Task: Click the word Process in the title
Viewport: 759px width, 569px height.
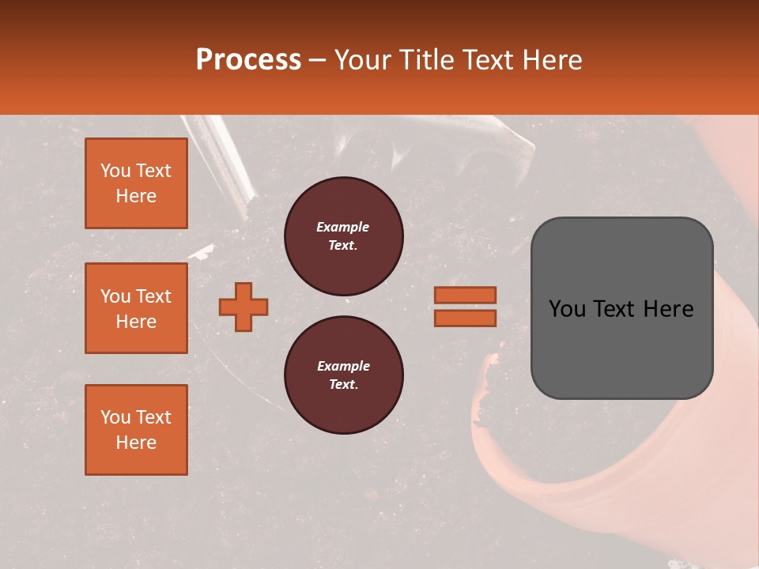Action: point(248,60)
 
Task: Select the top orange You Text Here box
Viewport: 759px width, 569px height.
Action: point(136,183)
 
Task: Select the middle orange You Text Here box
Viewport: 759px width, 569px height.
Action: point(136,308)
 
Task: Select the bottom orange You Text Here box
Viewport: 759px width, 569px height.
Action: point(136,429)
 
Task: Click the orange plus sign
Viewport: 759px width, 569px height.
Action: point(244,307)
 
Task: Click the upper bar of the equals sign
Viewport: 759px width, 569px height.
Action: point(465,296)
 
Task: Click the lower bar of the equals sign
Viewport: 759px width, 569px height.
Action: point(465,318)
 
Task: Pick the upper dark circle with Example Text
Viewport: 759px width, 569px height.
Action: point(343,236)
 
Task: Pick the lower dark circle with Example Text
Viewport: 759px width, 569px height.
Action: point(343,375)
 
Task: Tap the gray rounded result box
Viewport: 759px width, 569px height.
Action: point(621,308)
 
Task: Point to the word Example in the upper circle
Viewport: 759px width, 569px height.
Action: point(343,227)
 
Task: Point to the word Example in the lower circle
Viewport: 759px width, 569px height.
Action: point(343,366)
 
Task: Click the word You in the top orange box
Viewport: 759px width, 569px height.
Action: point(115,171)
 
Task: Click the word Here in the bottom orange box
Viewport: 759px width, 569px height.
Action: point(136,443)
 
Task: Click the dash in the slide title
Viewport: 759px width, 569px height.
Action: point(317,60)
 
